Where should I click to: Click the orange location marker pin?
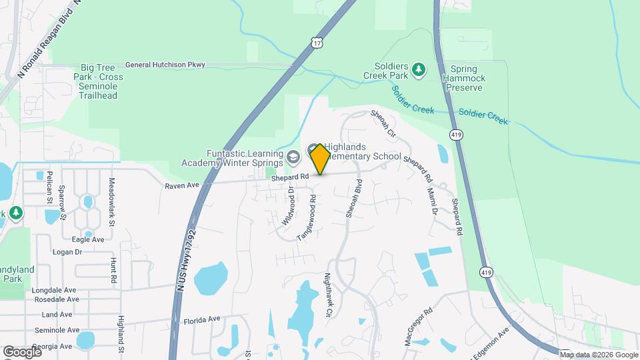[320, 159]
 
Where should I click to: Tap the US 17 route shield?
[317, 43]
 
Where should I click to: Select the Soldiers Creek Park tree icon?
[418, 69]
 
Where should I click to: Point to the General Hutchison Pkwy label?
[165, 65]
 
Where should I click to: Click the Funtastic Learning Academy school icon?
[292, 157]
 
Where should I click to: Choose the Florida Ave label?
[201, 319]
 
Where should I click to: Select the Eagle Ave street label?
[88, 239]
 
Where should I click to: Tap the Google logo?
[21, 351]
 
